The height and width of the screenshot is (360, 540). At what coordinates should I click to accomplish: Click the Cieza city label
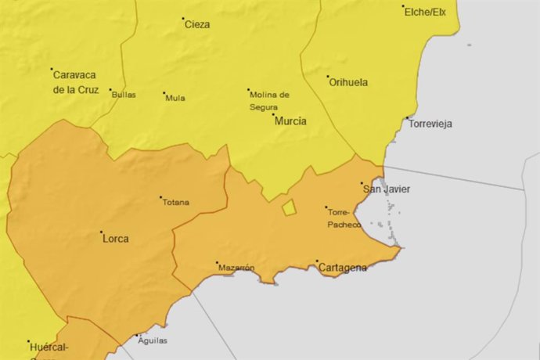pos(196,24)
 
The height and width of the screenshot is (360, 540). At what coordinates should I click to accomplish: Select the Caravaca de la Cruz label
pos(74,81)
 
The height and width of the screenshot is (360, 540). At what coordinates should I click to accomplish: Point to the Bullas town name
pos(124,95)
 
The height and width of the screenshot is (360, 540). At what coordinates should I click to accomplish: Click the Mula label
pos(175,98)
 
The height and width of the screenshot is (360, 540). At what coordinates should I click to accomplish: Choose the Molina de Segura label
pos(269,100)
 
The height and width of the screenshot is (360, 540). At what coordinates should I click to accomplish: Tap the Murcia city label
pos(290,121)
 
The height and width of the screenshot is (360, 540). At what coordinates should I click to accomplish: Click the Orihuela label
pos(348,81)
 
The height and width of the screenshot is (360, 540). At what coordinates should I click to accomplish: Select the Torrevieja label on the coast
pos(430,124)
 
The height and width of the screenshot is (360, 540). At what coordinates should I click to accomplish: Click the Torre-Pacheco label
pos(344,218)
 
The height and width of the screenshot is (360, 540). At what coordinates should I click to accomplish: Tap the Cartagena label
pos(342,268)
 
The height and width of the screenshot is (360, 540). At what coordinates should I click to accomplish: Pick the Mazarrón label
pos(236,268)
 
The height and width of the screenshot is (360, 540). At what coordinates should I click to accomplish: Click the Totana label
pos(175,202)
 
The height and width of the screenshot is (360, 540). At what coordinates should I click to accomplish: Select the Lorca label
pos(116,238)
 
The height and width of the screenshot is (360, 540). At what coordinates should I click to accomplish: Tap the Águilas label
pos(153,340)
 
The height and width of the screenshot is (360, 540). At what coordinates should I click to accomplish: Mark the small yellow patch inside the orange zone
pos(289,207)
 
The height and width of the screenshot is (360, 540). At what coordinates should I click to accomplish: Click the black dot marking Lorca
pos(101,232)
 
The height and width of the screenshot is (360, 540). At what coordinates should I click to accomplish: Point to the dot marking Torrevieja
pos(407,118)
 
